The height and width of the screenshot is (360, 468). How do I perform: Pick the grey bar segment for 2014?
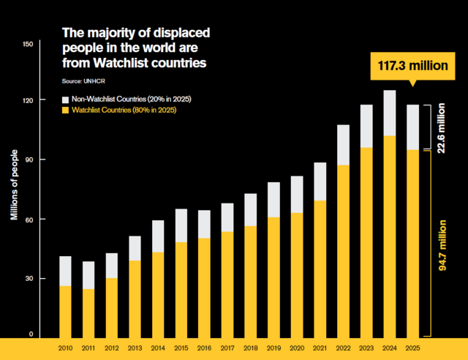[x=159, y=236]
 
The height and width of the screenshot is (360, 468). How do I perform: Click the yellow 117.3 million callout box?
[x=412, y=66]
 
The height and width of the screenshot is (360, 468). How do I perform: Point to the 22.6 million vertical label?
[x=442, y=128]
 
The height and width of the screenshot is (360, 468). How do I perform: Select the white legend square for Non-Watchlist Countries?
[x=64, y=98]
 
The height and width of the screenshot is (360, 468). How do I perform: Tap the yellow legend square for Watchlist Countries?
[x=64, y=110]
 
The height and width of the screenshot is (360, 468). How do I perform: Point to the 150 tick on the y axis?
[x=29, y=45]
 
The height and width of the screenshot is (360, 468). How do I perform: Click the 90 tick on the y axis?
[x=31, y=160]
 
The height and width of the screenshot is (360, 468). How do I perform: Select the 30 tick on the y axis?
[x=31, y=277]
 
